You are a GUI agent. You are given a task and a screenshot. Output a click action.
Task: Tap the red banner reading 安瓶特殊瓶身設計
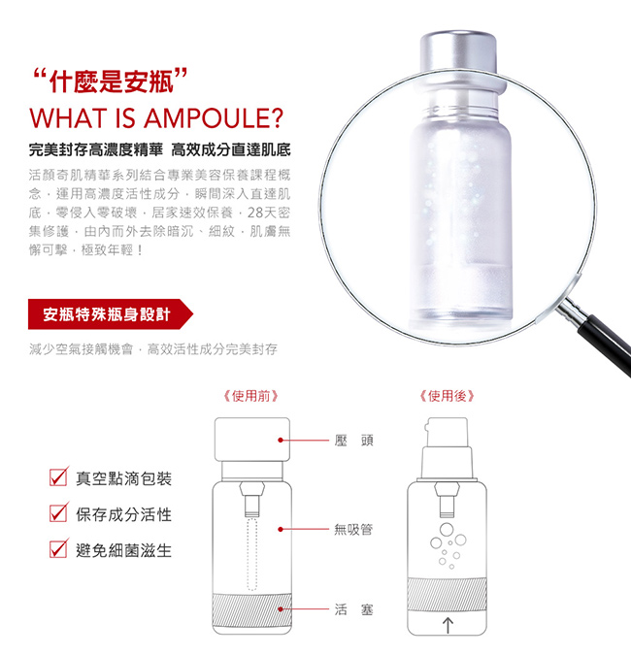click(x=110, y=314)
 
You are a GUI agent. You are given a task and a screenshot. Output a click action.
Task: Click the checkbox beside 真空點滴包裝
click(x=58, y=476)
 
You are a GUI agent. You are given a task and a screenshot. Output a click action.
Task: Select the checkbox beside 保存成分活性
click(x=58, y=512)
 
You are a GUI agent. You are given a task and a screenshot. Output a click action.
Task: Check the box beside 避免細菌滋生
click(x=58, y=548)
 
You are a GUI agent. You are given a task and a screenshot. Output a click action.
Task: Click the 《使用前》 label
click(x=250, y=396)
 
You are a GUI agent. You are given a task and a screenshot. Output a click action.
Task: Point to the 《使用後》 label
click(x=447, y=396)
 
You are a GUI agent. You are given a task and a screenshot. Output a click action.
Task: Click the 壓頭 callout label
click(x=354, y=441)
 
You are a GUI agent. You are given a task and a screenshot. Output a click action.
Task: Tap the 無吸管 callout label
click(x=353, y=530)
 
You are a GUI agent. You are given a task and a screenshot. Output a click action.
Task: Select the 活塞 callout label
click(x=354, y=609)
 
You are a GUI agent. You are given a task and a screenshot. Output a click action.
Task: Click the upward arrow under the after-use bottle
click(x=448, y=626)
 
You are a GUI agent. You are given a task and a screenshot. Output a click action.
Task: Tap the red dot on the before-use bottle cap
click(x=281, y=441)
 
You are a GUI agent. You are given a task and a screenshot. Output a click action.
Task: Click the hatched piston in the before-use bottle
click(x=251, y=609)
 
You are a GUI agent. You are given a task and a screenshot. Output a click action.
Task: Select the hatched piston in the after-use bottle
click(x=447, y=594)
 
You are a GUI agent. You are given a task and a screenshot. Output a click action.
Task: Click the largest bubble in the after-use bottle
click(x=447, y=529)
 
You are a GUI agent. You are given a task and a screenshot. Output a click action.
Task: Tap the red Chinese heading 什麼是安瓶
click(x=110, y=81)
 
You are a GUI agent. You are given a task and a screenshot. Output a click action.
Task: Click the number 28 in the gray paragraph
click(x=254, y=213)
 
